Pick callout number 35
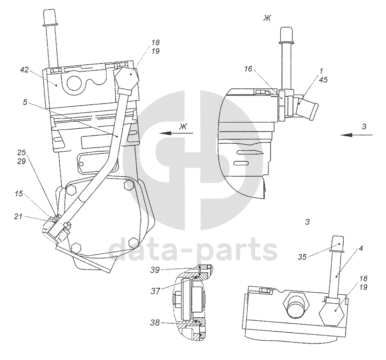tap(303, 257)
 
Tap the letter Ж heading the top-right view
tap(268, 18)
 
